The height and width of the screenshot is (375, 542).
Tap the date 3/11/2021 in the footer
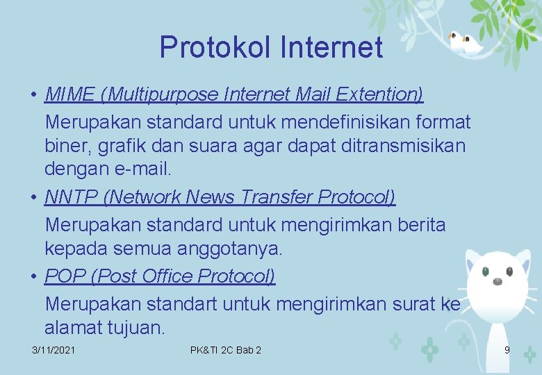pyautogui.click(x=54, y=350)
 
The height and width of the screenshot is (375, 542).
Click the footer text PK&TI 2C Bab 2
pyautogui.click(x=225, y=350)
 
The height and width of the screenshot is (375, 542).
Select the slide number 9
pyautogui.click(x=507, y=350)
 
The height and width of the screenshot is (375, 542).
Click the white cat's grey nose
pyautogui.click(x=498, y=281)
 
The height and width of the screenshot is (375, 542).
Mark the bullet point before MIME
pyautogui.click(x=34, y=94)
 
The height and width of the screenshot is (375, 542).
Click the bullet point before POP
pyautogui.click(x=34, y=276)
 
